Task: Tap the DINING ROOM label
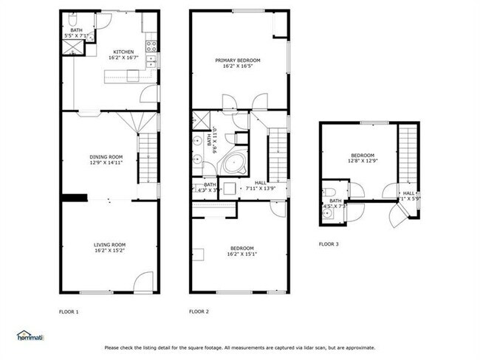coord(106,156)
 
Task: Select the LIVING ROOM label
coord(109,244)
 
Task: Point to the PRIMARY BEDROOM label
coord(238,60)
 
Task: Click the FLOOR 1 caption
coord(69,311)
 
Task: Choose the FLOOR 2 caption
coord(199,311)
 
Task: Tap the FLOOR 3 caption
coord(329,243)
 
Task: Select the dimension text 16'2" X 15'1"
coord(241,255)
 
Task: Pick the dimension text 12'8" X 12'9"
coord(363,160)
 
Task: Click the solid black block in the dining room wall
coord(73,197)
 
